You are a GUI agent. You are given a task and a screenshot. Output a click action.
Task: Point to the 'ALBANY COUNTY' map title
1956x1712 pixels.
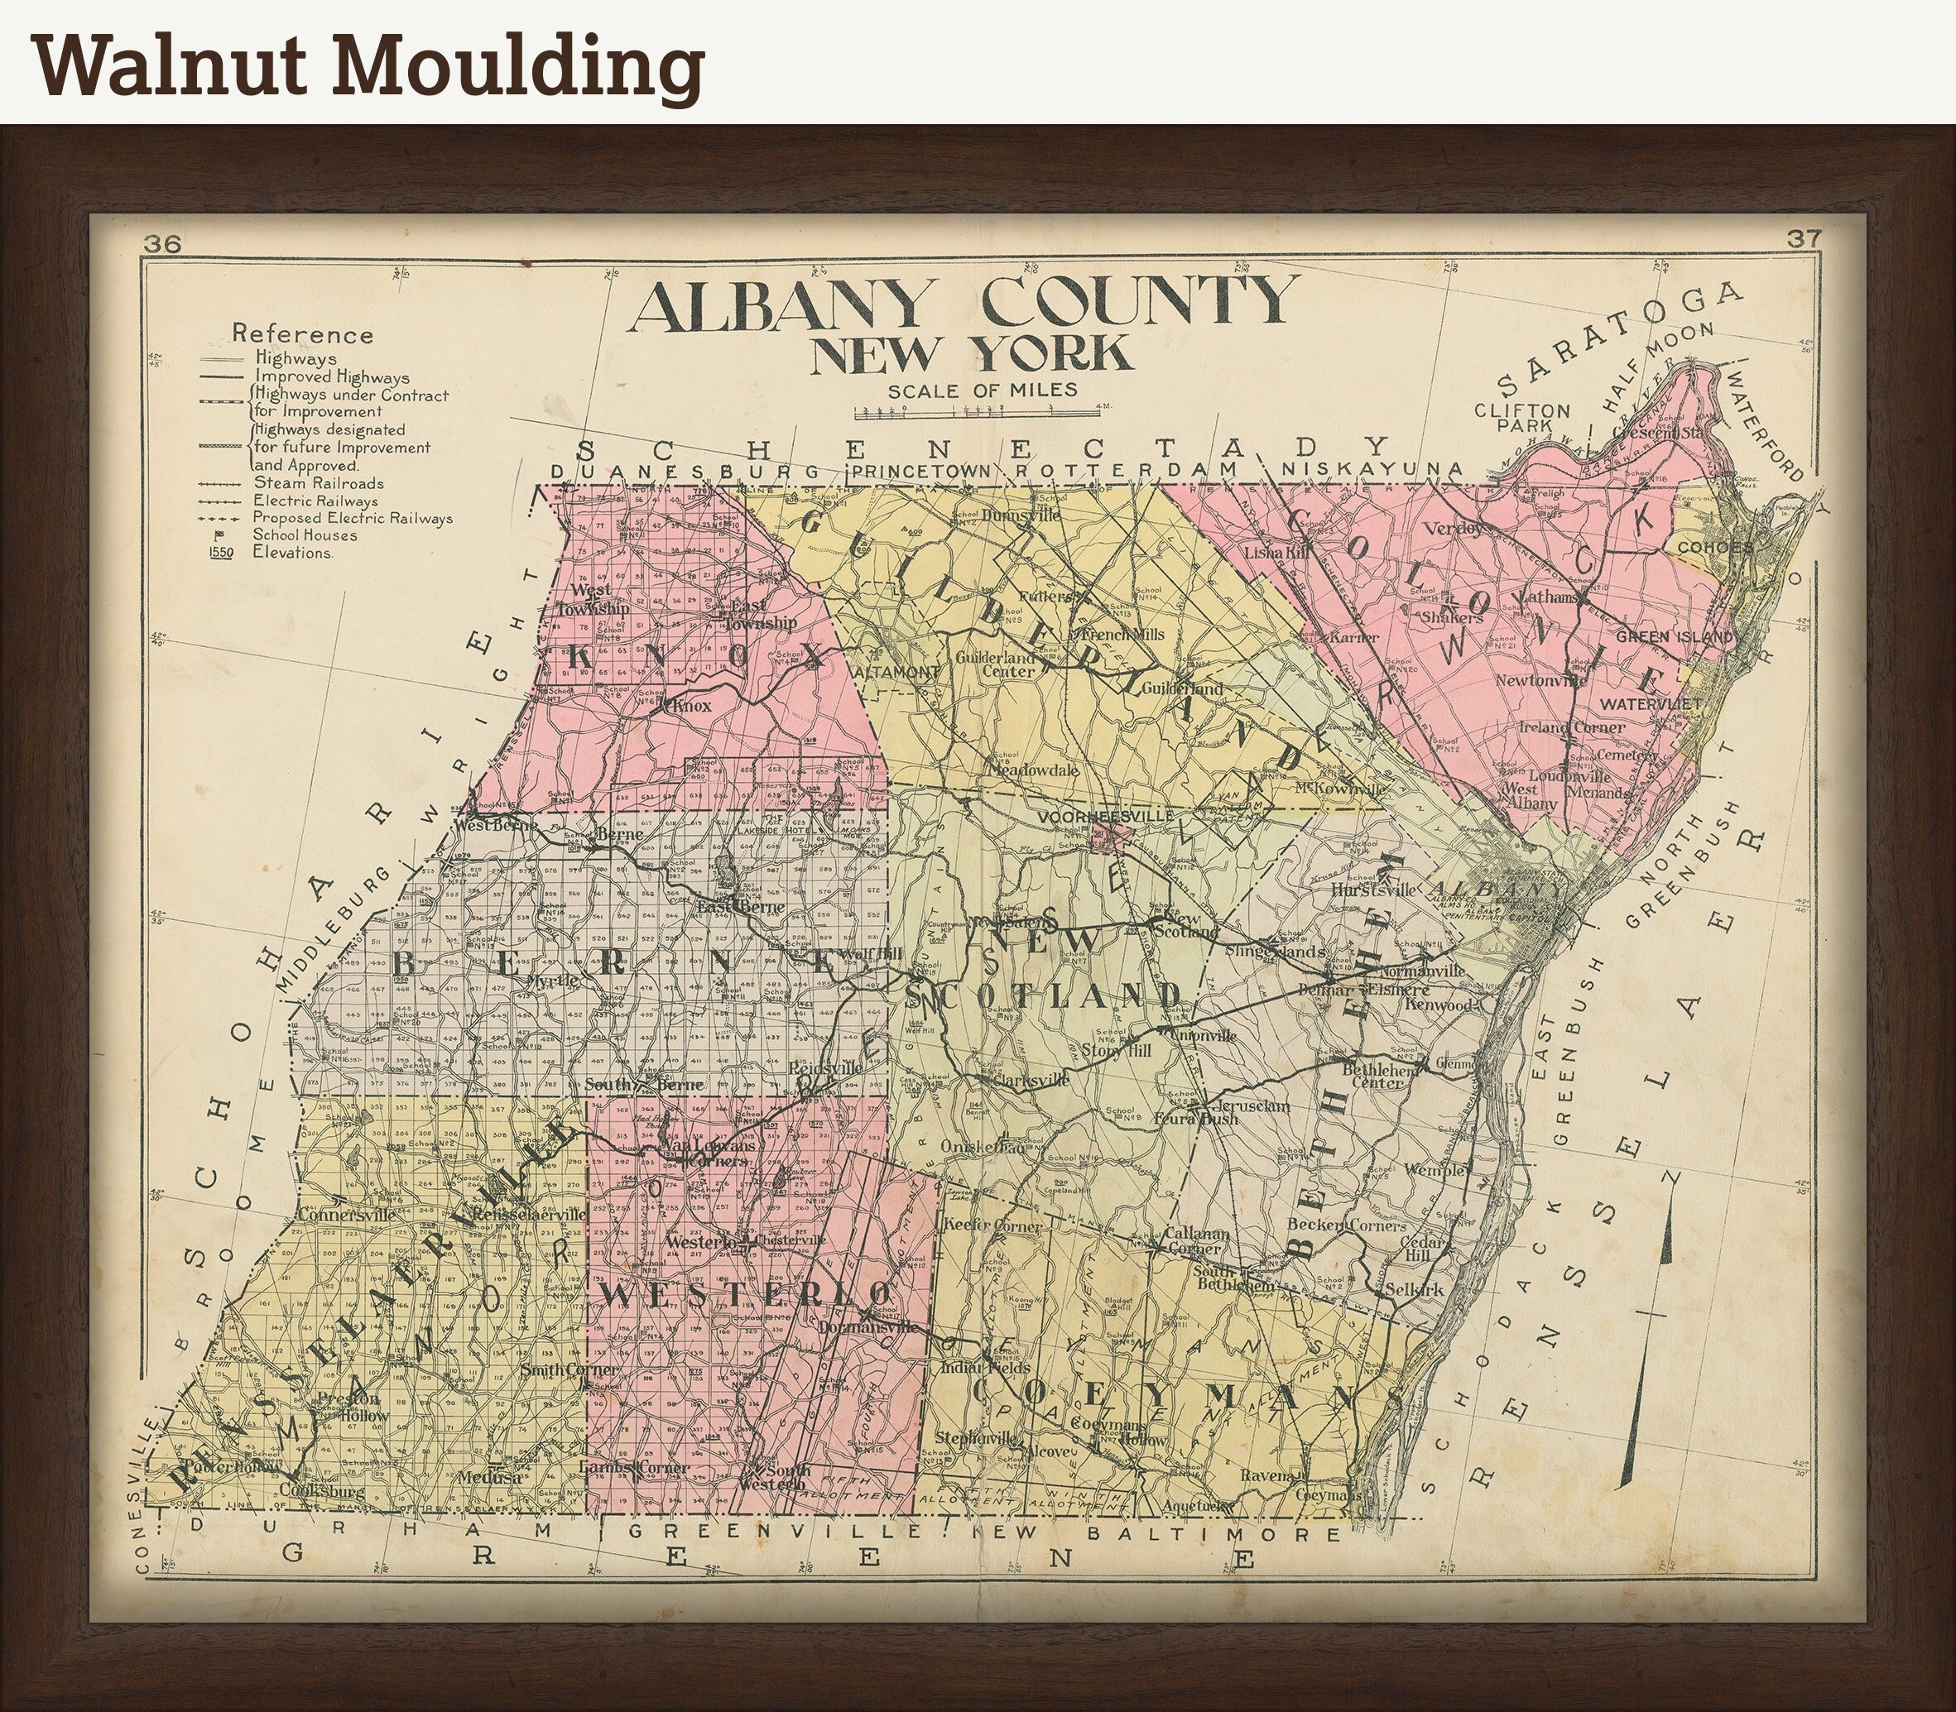click(x=964, y=304)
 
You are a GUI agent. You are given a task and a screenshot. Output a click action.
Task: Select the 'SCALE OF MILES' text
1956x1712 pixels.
click(x=983, y=390)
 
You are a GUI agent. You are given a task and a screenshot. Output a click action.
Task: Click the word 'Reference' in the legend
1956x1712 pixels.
click(x=302, y=334)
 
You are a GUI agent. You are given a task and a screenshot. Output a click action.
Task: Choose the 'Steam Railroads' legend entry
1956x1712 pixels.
click(x=317, y=483)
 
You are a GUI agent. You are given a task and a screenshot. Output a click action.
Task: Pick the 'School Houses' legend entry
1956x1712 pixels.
click(x=304, y=535)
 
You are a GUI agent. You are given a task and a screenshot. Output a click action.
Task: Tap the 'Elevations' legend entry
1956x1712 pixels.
click(x=291, y=552)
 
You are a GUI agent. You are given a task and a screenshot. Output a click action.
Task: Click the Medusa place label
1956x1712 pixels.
click(x=489, y=1476)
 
